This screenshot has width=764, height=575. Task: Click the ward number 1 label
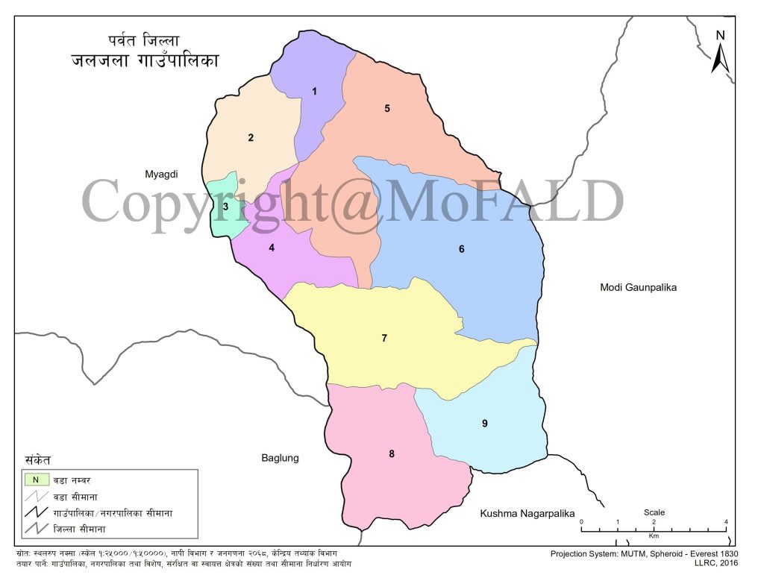coord(315,92)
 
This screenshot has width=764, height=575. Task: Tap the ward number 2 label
coord(251,137)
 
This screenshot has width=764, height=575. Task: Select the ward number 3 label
coord(225,207)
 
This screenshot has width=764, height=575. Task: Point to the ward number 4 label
coord(272,248)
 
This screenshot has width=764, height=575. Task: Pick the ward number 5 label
coord(387,109)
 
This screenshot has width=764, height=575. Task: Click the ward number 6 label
coord(462,249)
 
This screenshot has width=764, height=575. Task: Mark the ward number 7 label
coord(384,339)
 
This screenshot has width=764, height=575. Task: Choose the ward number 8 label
coord(392,453)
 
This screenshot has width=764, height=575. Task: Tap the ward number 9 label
coord(484,424)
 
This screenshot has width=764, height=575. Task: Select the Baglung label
coord(280,458)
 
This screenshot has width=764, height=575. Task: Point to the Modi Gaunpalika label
coord(638,287)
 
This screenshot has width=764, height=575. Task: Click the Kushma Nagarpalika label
coord(527,513)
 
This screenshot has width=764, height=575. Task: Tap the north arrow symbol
coord(720,52)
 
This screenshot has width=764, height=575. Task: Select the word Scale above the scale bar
coord(654,512)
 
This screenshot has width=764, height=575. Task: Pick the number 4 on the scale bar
coord(726,521)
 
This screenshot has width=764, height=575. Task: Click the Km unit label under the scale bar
coord(654,536)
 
